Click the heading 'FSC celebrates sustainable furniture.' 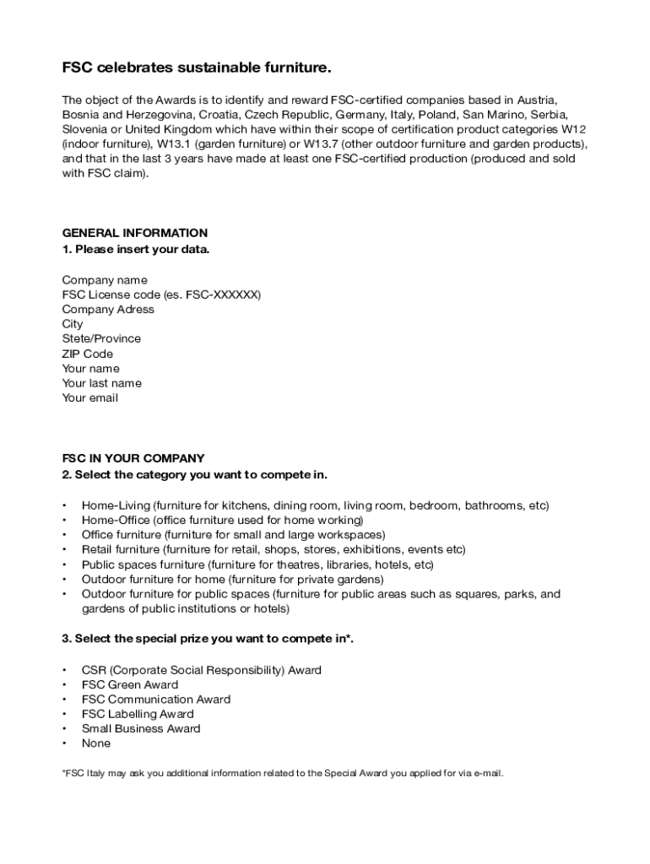point(197,67)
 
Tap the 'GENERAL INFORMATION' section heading point(134,233)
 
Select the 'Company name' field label point(105,280)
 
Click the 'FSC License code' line point(161,294)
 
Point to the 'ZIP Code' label point(87,354)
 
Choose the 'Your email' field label point(89,398)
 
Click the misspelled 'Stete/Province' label point(101,339)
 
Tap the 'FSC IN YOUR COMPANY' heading point(133,459)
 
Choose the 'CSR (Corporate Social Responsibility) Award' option point(201,670)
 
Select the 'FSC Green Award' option point(129,684)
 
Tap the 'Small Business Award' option point(141,728)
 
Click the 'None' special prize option point(95,743)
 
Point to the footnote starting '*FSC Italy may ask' point(282,773)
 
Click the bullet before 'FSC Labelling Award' point(64,714)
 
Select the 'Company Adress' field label point(108,310)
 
